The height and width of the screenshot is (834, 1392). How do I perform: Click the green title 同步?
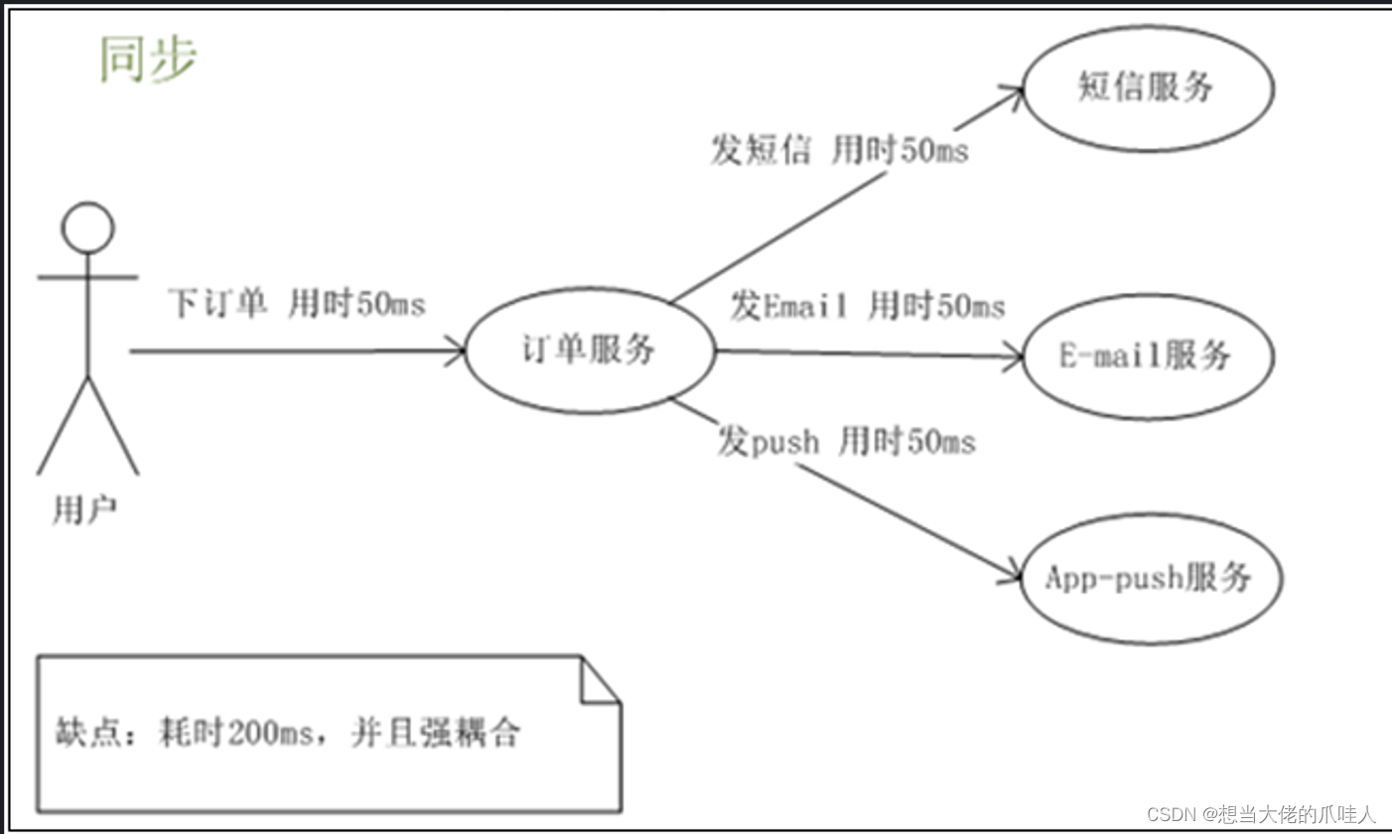149,60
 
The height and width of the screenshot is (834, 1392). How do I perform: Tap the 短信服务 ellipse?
1147,88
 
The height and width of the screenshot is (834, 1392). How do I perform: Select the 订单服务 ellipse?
590,349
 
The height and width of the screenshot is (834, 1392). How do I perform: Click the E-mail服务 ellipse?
1147,355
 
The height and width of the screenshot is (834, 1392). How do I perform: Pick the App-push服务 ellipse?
1150,578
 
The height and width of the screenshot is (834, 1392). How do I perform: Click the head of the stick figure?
87,227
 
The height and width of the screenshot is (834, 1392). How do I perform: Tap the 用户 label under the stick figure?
84,510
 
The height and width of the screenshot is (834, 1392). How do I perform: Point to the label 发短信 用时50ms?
839,152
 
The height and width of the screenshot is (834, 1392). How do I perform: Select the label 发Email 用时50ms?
867,306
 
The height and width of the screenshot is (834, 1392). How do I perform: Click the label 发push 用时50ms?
846,441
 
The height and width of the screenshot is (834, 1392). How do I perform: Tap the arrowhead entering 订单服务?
457,349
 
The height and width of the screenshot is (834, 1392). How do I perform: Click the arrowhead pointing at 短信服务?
1013,92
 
